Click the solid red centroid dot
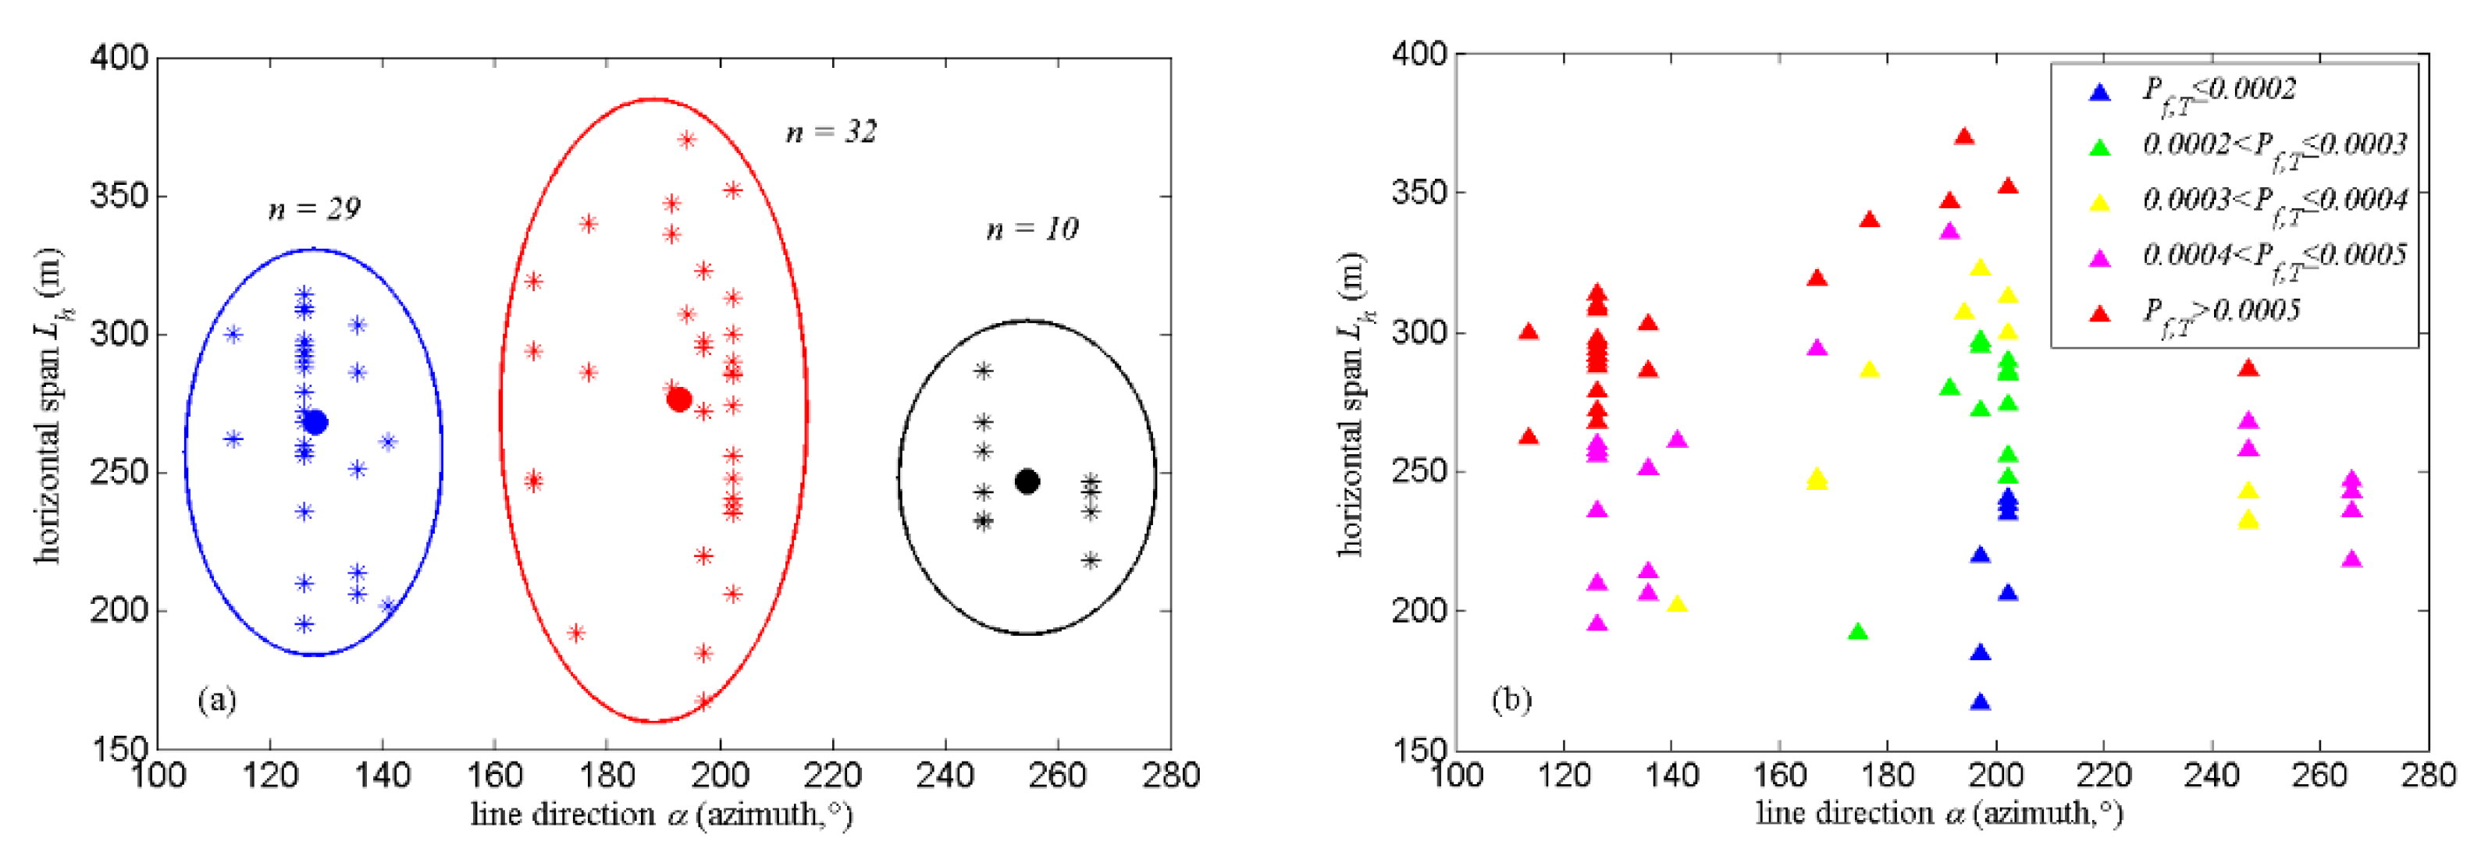click(679, 399)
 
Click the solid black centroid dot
click(1027, 481)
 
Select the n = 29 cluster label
click(314, 209)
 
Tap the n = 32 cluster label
click(831, 131)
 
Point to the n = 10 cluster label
click(1033, 229)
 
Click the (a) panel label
click(217, 699)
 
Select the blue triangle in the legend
click(2099, 92)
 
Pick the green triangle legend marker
click(2099, 147)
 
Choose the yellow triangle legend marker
click(2099, 202)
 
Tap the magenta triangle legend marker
click(2099, 257)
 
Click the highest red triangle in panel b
click(1965, 137)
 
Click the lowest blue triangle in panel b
click(1980, 702)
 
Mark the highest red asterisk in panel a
click(687, 140)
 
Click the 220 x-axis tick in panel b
click(2103, 774)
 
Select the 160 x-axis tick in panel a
click(494, 774)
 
